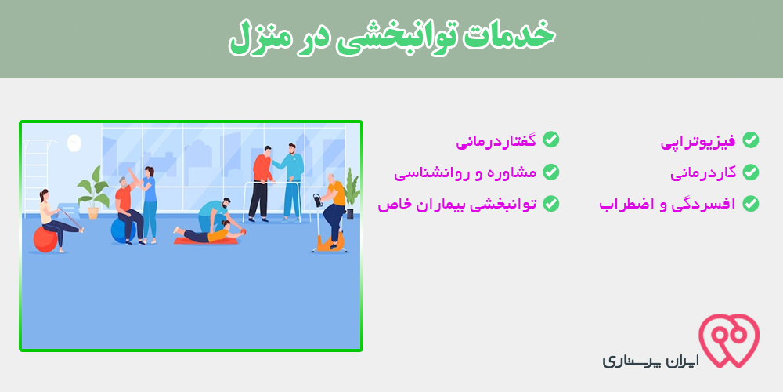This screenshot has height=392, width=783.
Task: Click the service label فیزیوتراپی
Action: coord(698,141)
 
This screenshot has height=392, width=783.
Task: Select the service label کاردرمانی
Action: coord(703,173)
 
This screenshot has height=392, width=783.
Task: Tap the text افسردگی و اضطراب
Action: coord(668,204)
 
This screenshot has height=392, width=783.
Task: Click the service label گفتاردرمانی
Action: coord(496,140)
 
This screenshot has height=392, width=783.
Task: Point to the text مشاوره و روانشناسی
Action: coord(465,173)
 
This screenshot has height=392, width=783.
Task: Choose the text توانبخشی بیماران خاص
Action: coord(457,204)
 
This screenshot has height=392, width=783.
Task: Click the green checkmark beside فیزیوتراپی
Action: coord(751,140)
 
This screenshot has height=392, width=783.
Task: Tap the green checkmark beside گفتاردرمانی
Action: coord(551,140)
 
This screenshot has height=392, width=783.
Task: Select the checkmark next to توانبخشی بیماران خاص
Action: coord(551,204)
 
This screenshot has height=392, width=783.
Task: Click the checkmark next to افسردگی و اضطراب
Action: coord(751,204)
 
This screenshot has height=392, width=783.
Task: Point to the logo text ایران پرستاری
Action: coord(651,361)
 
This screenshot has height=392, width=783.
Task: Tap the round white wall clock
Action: coord(74,143)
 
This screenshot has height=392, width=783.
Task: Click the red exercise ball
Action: coord(45,239)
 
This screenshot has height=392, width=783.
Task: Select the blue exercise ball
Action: coord(122,230)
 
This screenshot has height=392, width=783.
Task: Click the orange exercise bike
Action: coord(327,225)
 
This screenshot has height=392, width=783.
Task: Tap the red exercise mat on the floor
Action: coord(205,241)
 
